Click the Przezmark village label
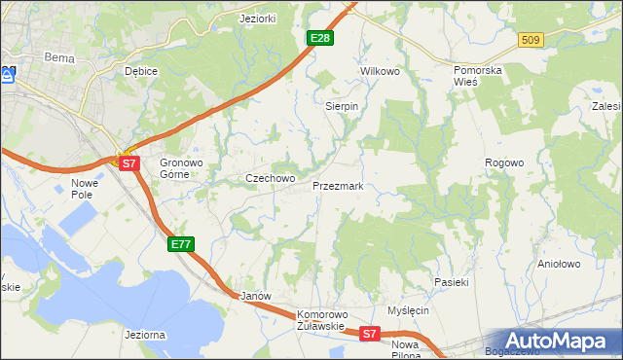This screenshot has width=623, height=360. (338, 185)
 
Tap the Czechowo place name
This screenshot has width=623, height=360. (270, 179)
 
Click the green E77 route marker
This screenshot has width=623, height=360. (181, 244)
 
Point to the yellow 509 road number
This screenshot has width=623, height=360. (531, 40)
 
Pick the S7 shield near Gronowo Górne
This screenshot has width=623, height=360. (129, 163)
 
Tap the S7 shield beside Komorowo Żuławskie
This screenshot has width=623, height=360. (369, 334)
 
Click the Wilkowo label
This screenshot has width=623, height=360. (381, 72)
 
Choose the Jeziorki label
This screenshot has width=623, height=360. (259, 18)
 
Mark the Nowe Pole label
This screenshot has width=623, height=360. (86, 189)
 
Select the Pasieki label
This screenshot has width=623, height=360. (452, 281)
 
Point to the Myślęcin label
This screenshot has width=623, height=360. (408, 310)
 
